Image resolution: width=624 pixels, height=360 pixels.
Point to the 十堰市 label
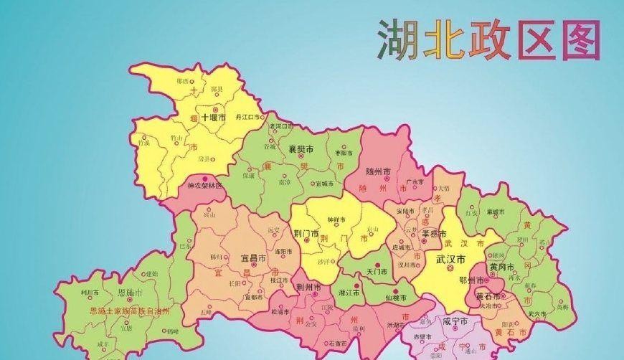pos(213,117)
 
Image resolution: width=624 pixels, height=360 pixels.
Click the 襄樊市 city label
pos(301,149)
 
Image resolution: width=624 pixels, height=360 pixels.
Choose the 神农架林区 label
pos(205,185)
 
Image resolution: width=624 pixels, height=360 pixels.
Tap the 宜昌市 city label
pos(255,257)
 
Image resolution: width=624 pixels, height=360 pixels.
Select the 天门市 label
pos(377,273)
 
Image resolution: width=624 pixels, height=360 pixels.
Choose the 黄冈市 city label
pos(502,267)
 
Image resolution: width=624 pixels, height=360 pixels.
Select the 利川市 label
pos(89,293)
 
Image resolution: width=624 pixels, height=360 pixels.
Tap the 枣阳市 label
pos(344,153)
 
